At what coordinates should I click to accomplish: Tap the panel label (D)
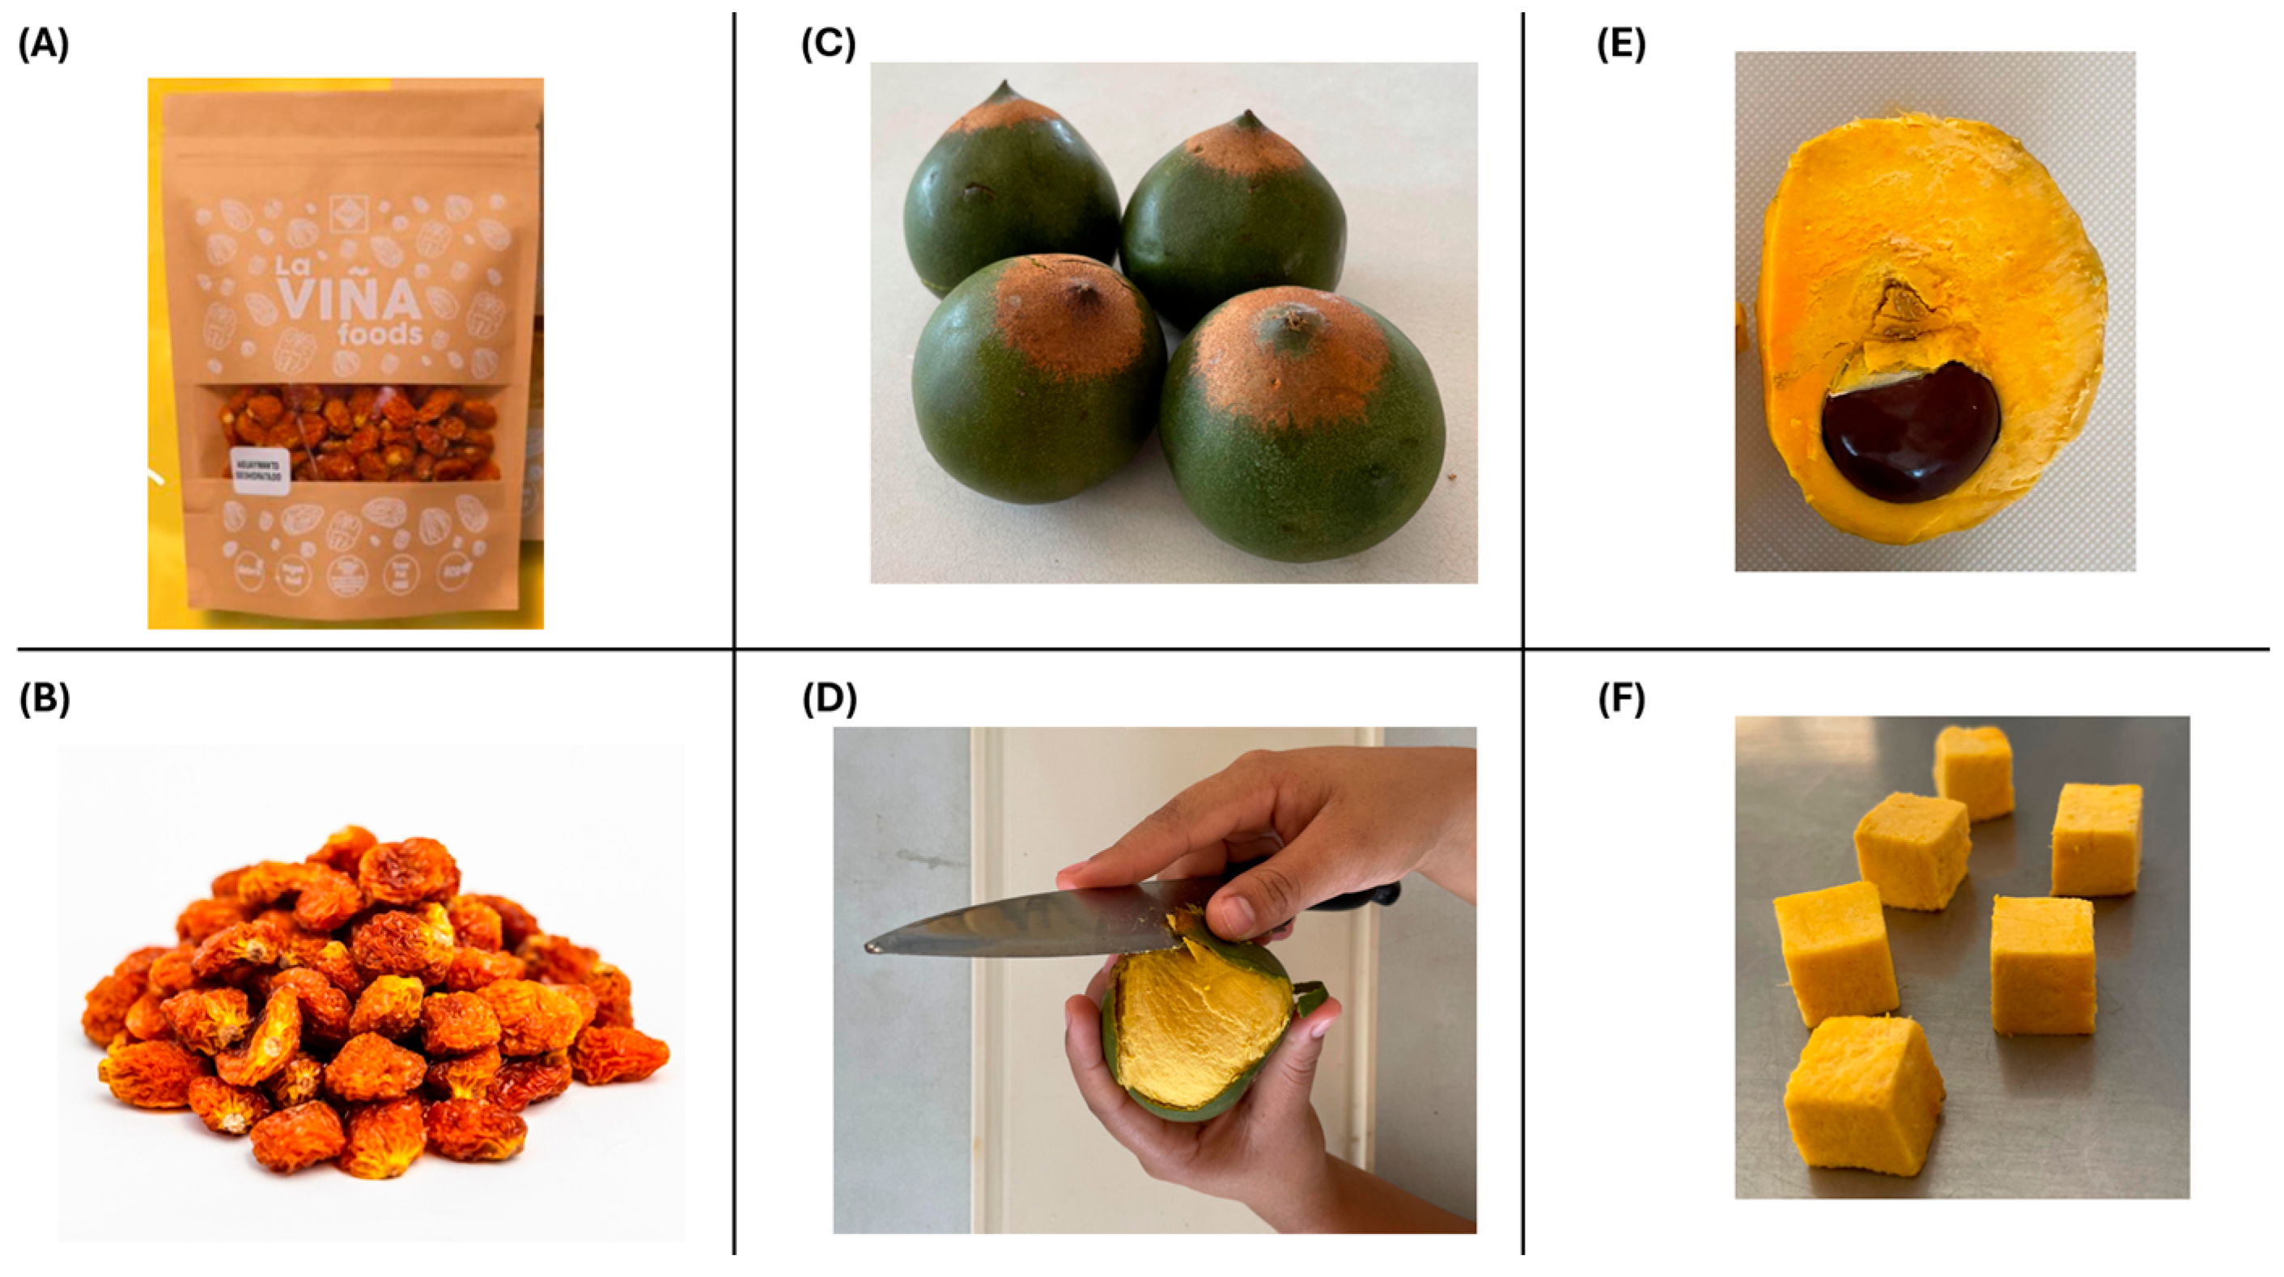click(x=829, y=700)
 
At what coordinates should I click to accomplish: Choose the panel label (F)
click(x=1621, y=700)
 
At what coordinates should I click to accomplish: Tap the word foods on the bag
click(x=380, y=335)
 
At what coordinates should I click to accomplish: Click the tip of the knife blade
click(x=870, y=947)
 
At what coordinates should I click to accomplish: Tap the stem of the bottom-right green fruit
click(x=1297, y=316)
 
